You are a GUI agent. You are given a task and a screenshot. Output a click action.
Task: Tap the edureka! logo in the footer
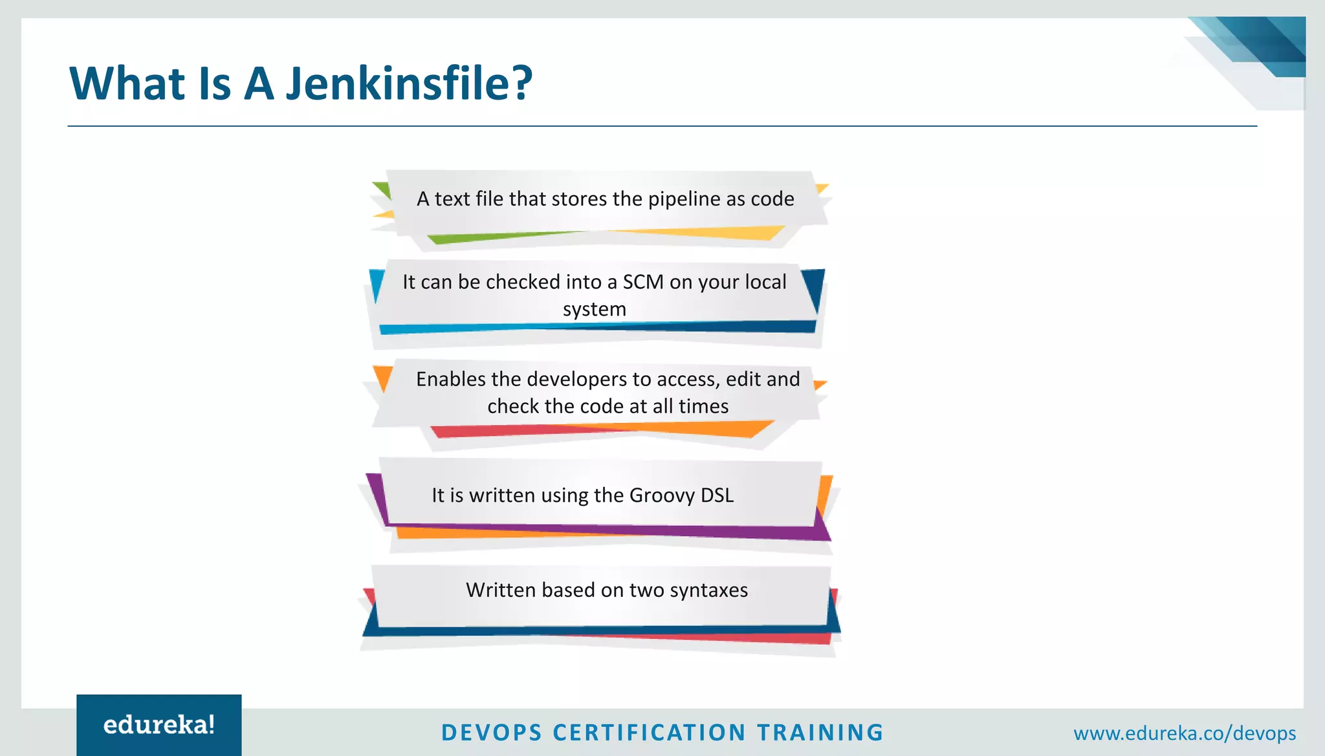coord(159,725)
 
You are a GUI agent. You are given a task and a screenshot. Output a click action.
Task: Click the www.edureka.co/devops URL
coord(1184,733)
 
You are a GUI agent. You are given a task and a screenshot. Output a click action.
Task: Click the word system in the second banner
coord(594,309)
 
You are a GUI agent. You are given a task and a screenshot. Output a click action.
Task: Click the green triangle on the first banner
coord(384,189)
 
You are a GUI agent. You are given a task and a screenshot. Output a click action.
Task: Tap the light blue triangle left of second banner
coord(376,283)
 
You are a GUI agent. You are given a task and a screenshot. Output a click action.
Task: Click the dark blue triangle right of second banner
coord(815,287)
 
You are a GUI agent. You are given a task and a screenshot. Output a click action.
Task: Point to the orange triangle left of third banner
coord(383,376)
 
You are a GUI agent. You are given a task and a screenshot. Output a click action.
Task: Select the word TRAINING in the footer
coord(820,733)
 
